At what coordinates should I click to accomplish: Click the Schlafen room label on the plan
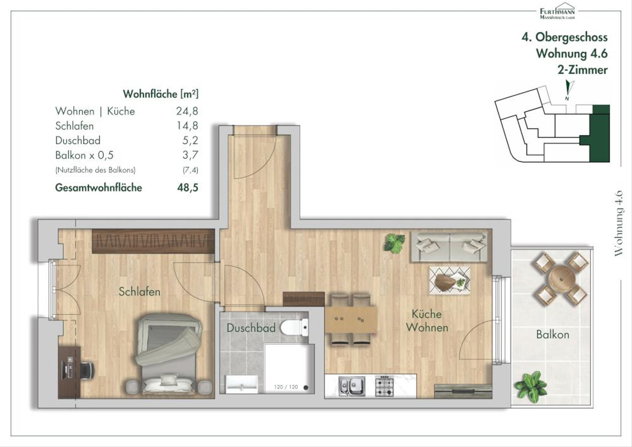140,291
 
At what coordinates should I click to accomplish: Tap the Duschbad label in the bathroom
251,328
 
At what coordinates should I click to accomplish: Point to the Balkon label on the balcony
552,335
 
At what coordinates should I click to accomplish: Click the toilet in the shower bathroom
294,327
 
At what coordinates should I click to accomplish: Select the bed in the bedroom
169,354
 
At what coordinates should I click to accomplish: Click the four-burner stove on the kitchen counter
384,385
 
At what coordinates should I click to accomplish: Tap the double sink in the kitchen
352,386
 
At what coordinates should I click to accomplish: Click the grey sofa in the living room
449,247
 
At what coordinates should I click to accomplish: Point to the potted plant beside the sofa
394,243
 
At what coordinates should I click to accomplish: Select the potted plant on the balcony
530,384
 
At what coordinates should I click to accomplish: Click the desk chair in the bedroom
87,370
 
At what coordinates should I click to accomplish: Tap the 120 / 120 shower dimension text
286,387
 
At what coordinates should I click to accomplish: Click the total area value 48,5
187,188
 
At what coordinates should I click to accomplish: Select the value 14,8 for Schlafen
187,125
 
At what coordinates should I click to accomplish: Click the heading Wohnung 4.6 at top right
571,53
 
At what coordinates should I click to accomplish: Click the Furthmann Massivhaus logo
557,11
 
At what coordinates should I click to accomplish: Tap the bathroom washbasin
242,384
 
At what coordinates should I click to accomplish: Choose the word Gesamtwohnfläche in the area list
98,188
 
